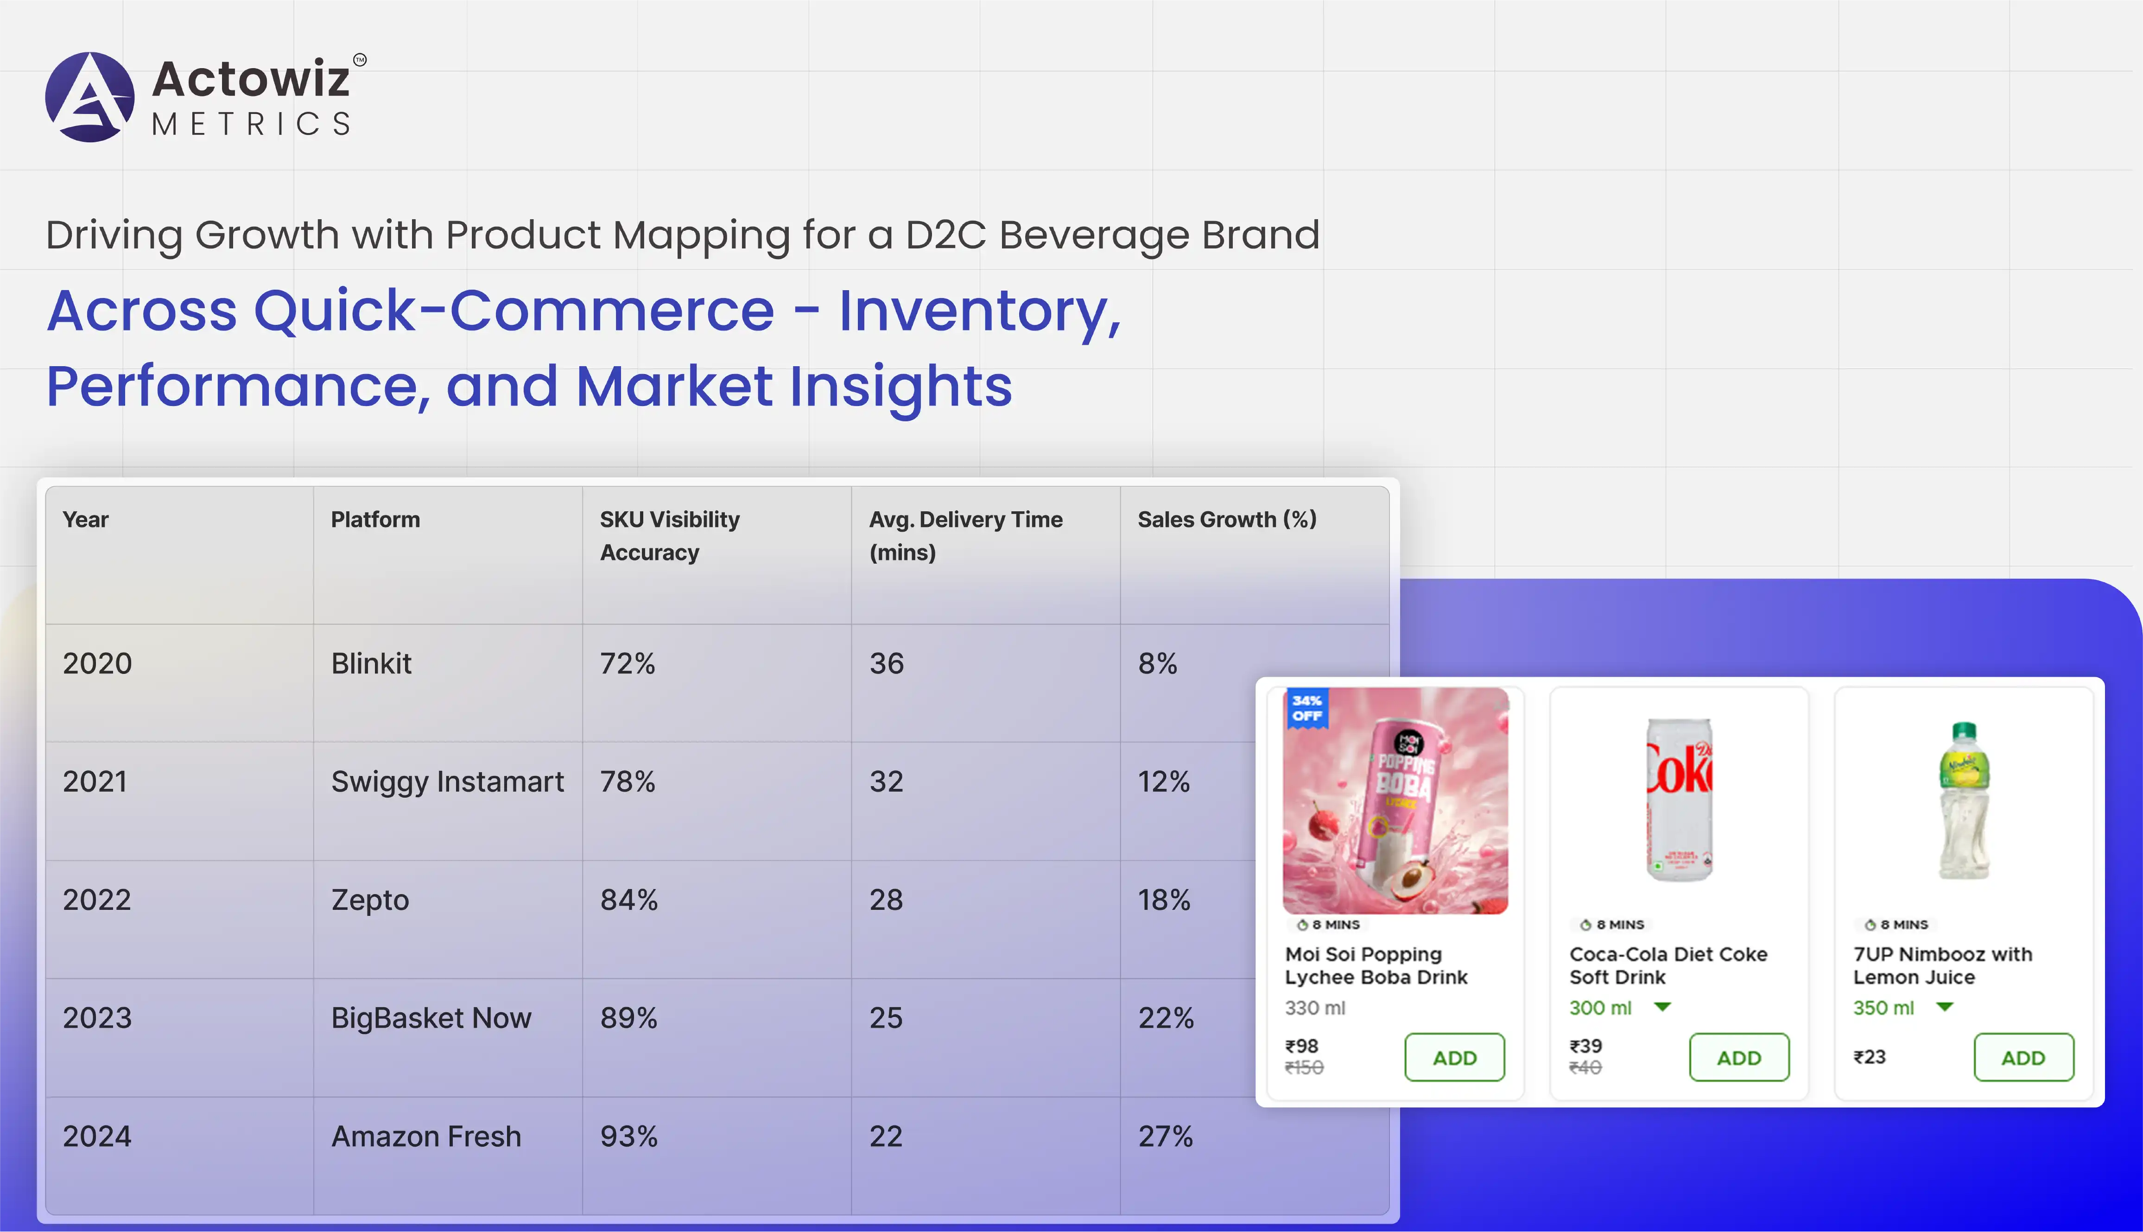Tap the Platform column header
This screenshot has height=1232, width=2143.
[x=375, y=520]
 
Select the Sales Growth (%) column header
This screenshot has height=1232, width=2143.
[x=1227, y=520]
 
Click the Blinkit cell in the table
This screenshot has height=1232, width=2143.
[x=371, y=663]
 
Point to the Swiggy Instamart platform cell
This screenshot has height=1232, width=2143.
[x=447, y=782]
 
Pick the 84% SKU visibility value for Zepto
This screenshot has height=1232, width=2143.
[x=628, y=900]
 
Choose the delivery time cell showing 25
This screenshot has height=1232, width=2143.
[x=886, y=1018]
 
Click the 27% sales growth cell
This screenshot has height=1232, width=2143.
[x=1165, y=1137]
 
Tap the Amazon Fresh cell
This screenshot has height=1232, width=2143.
[x=425, y=1137]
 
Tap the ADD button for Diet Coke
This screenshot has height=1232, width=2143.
[x=1738, y=1058]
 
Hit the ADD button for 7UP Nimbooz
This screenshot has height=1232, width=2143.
[x=2023, y=1058]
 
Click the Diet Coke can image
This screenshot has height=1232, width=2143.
[x=1680, y=800]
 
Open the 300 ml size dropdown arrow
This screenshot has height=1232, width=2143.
[x=1662, y=1007]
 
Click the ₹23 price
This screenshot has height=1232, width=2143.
[x=1869, y=1057]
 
